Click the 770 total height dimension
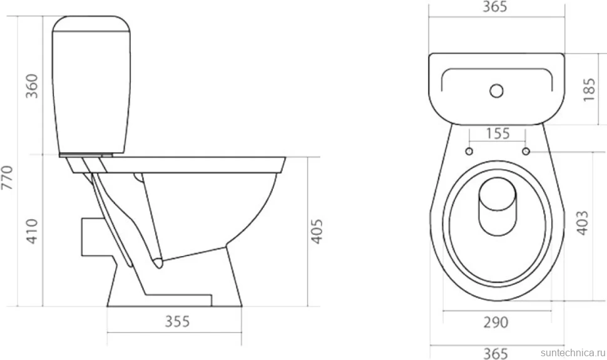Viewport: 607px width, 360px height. (x=8, y=177)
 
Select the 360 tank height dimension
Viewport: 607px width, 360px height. (x=32, y=86)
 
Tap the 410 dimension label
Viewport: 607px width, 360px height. (x=32, y=232)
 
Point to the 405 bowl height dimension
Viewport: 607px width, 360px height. (x=317, y=232)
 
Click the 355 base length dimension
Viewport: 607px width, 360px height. (x=177, y=321)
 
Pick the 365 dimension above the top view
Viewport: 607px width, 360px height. (x=495, y=7)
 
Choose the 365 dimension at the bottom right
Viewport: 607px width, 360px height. (x=496, y=353)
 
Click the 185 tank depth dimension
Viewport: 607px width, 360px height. (x=589, y=90)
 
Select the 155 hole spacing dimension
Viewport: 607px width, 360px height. (x=498, y=133)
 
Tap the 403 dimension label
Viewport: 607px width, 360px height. (x=582, y=223)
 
